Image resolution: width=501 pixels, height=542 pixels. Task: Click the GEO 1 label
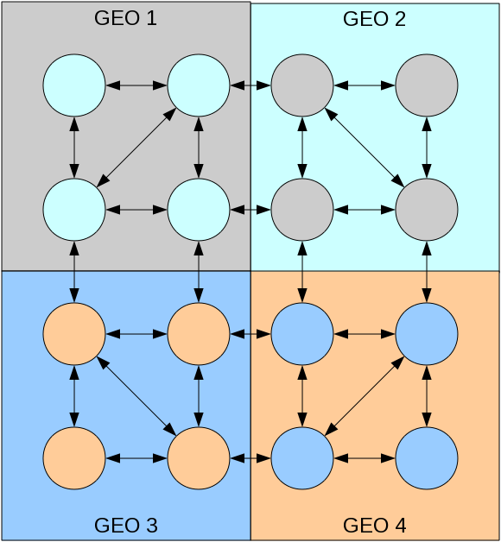125,18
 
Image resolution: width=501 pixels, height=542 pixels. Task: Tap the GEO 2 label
375,18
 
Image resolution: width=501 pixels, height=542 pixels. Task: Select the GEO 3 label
125,525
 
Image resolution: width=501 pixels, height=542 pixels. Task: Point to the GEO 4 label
375,525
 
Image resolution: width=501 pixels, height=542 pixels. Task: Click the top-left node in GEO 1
74,85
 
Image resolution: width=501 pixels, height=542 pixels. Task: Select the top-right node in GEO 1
199,85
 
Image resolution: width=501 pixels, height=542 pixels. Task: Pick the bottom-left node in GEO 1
74,210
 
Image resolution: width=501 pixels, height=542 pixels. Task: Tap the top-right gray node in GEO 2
427,85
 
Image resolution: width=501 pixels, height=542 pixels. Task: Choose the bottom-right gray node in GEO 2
427,210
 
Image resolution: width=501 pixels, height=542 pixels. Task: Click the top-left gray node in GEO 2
302,85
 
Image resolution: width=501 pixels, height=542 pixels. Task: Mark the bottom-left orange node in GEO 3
74,457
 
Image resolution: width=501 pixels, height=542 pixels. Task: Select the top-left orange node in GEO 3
74,332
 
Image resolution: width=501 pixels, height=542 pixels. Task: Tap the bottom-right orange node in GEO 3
199,457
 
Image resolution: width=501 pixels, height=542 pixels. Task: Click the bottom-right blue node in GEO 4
427,457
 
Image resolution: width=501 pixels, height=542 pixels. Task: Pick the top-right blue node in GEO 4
427,332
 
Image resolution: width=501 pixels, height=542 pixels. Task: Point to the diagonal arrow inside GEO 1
136,148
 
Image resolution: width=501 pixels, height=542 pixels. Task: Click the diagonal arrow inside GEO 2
365,148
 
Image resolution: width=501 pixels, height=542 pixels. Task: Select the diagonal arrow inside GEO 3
136,394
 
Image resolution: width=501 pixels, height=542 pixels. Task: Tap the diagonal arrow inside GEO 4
365,394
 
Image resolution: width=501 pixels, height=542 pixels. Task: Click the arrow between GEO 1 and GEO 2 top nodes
250,85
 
